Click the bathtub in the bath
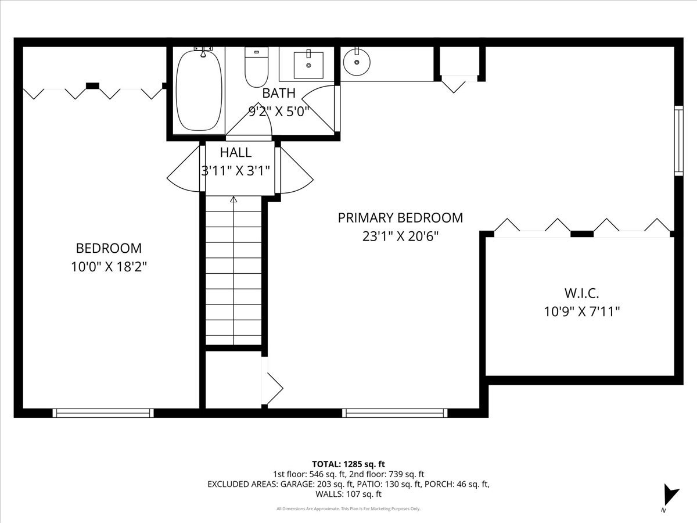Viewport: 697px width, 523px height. tap(199, 90)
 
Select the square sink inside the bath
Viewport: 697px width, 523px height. tap(308, 64)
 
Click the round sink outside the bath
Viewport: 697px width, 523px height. tap(355, 62)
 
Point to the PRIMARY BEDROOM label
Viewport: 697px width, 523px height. tap(400, 218)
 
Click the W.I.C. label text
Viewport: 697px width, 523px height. tap(581, 293)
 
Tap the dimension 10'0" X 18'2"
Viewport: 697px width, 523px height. tap(109, 267)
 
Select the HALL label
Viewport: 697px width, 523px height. tap(236, 152)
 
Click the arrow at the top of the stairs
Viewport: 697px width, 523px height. tap(234, 200)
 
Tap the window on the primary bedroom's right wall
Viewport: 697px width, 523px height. tap(678, 141)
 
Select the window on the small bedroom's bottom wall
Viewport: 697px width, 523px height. tap(103, 413)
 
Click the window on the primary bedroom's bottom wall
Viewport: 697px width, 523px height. tap(394, 413)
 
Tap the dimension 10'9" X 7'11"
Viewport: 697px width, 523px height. tap(581, 312)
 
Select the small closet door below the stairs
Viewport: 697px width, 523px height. tap(273, 386)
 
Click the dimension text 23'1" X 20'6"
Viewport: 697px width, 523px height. tap(400, 237)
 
